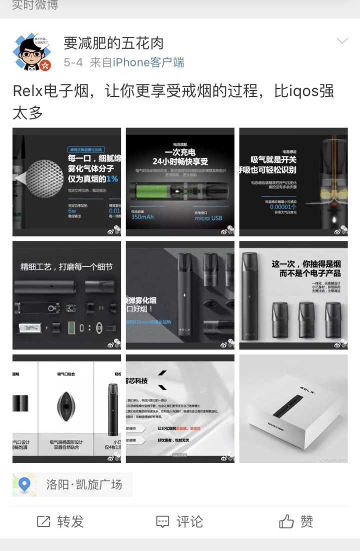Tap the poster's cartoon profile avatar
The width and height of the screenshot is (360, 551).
31,52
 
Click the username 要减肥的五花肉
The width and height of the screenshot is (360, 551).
113,43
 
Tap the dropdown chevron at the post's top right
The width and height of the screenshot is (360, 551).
342,41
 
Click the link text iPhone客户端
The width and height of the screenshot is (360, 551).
148,62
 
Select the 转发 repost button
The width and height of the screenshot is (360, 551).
60,522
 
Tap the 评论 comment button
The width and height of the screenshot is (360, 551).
179,522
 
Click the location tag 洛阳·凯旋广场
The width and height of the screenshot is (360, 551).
84,484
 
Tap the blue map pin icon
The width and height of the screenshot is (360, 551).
24,484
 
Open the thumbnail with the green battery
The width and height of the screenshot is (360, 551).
180,182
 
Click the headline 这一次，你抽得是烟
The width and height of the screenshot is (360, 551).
306,263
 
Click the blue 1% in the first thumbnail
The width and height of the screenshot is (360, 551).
112,178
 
